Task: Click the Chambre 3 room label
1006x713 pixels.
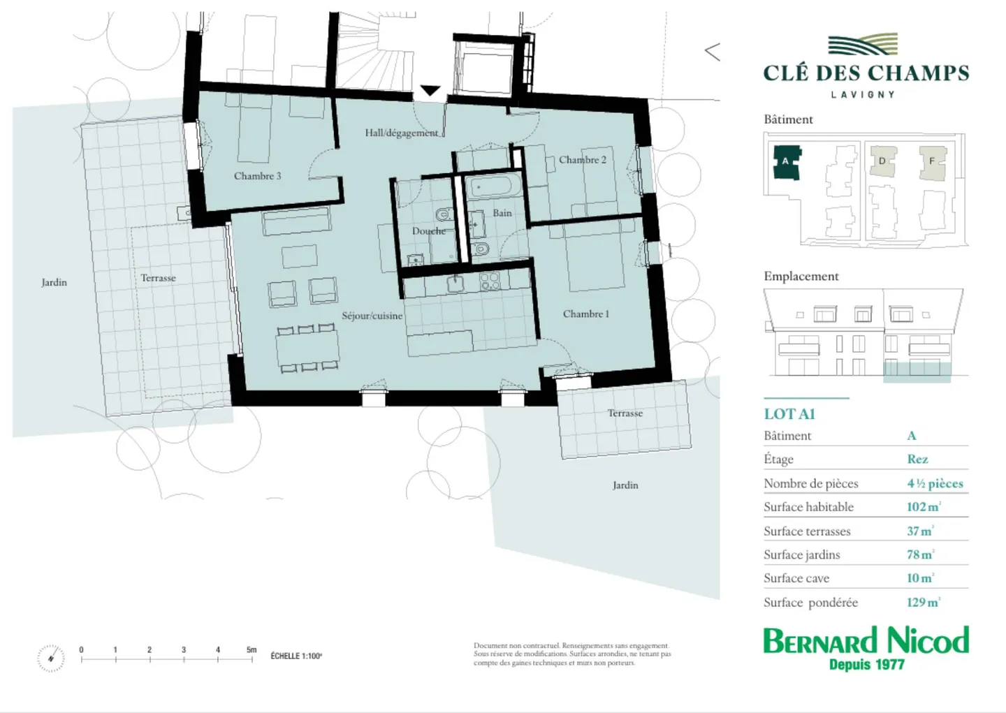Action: coord(257,176)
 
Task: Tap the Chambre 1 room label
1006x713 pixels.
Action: coord(585,314)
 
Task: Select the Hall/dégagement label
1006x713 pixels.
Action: coord(402,133)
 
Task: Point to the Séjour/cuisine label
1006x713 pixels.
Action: coord(372,316)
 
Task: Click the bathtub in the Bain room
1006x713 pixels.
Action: coord(492,187)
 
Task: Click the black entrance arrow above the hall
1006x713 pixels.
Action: coord(430,91)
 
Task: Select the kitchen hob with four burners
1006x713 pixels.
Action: coord(490,281)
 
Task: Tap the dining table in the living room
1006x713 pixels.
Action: coord(307,347)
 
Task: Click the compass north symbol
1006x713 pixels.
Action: coord(50,659)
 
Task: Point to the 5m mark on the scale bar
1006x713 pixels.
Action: coord(251,650)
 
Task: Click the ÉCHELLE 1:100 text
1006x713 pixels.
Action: coord(296,656)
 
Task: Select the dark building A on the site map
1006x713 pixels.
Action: coord(787,162)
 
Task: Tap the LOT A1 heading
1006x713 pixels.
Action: coord(789,414)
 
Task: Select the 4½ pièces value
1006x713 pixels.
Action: coord(935,483)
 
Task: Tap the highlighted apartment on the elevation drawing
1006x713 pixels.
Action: coord(917,371)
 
